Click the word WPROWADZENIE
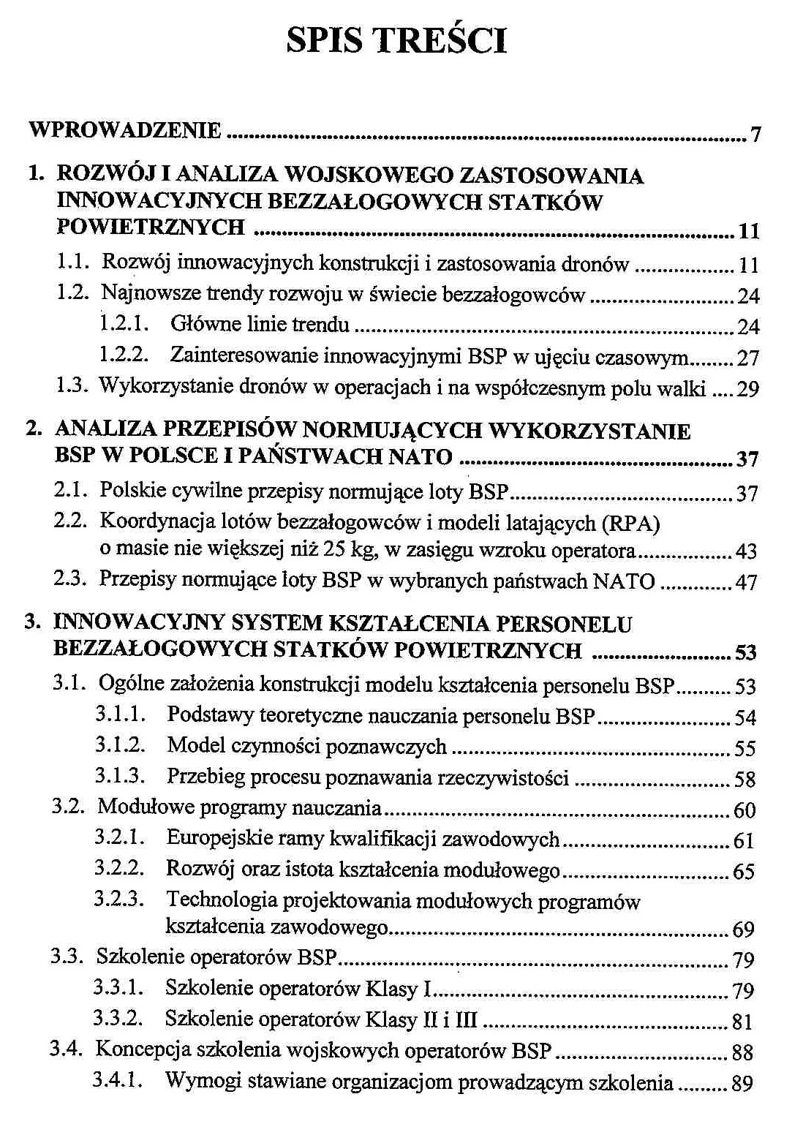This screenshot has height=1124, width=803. coord(124,130)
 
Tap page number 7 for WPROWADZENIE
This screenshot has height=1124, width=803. coord(755,135)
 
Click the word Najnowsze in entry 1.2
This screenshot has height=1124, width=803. coord(143,293)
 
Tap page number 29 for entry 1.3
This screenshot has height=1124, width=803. coord(747,388)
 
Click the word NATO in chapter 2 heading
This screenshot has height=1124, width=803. coord(420,456)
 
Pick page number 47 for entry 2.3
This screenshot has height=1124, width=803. coord(746,582)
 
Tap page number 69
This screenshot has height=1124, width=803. coord(743,929)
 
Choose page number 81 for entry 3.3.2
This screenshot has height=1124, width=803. coord(742,1022)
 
